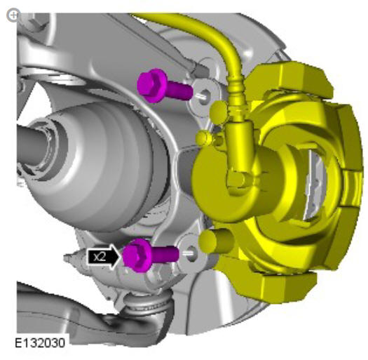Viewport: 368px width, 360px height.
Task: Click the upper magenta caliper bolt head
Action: tap(151, 85)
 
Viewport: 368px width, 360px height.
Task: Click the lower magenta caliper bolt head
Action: tap(137, 255)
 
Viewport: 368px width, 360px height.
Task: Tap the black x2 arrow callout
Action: tap(103, 257)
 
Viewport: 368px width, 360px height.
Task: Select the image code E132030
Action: tap(40, 343)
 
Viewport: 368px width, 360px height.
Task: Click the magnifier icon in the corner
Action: tap(13, 15)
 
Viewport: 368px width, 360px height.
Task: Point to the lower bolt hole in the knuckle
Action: tap(191, 253)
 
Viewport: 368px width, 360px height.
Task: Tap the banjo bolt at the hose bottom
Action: tap(236, 180)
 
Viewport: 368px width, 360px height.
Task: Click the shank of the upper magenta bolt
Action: tap(180, 91)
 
